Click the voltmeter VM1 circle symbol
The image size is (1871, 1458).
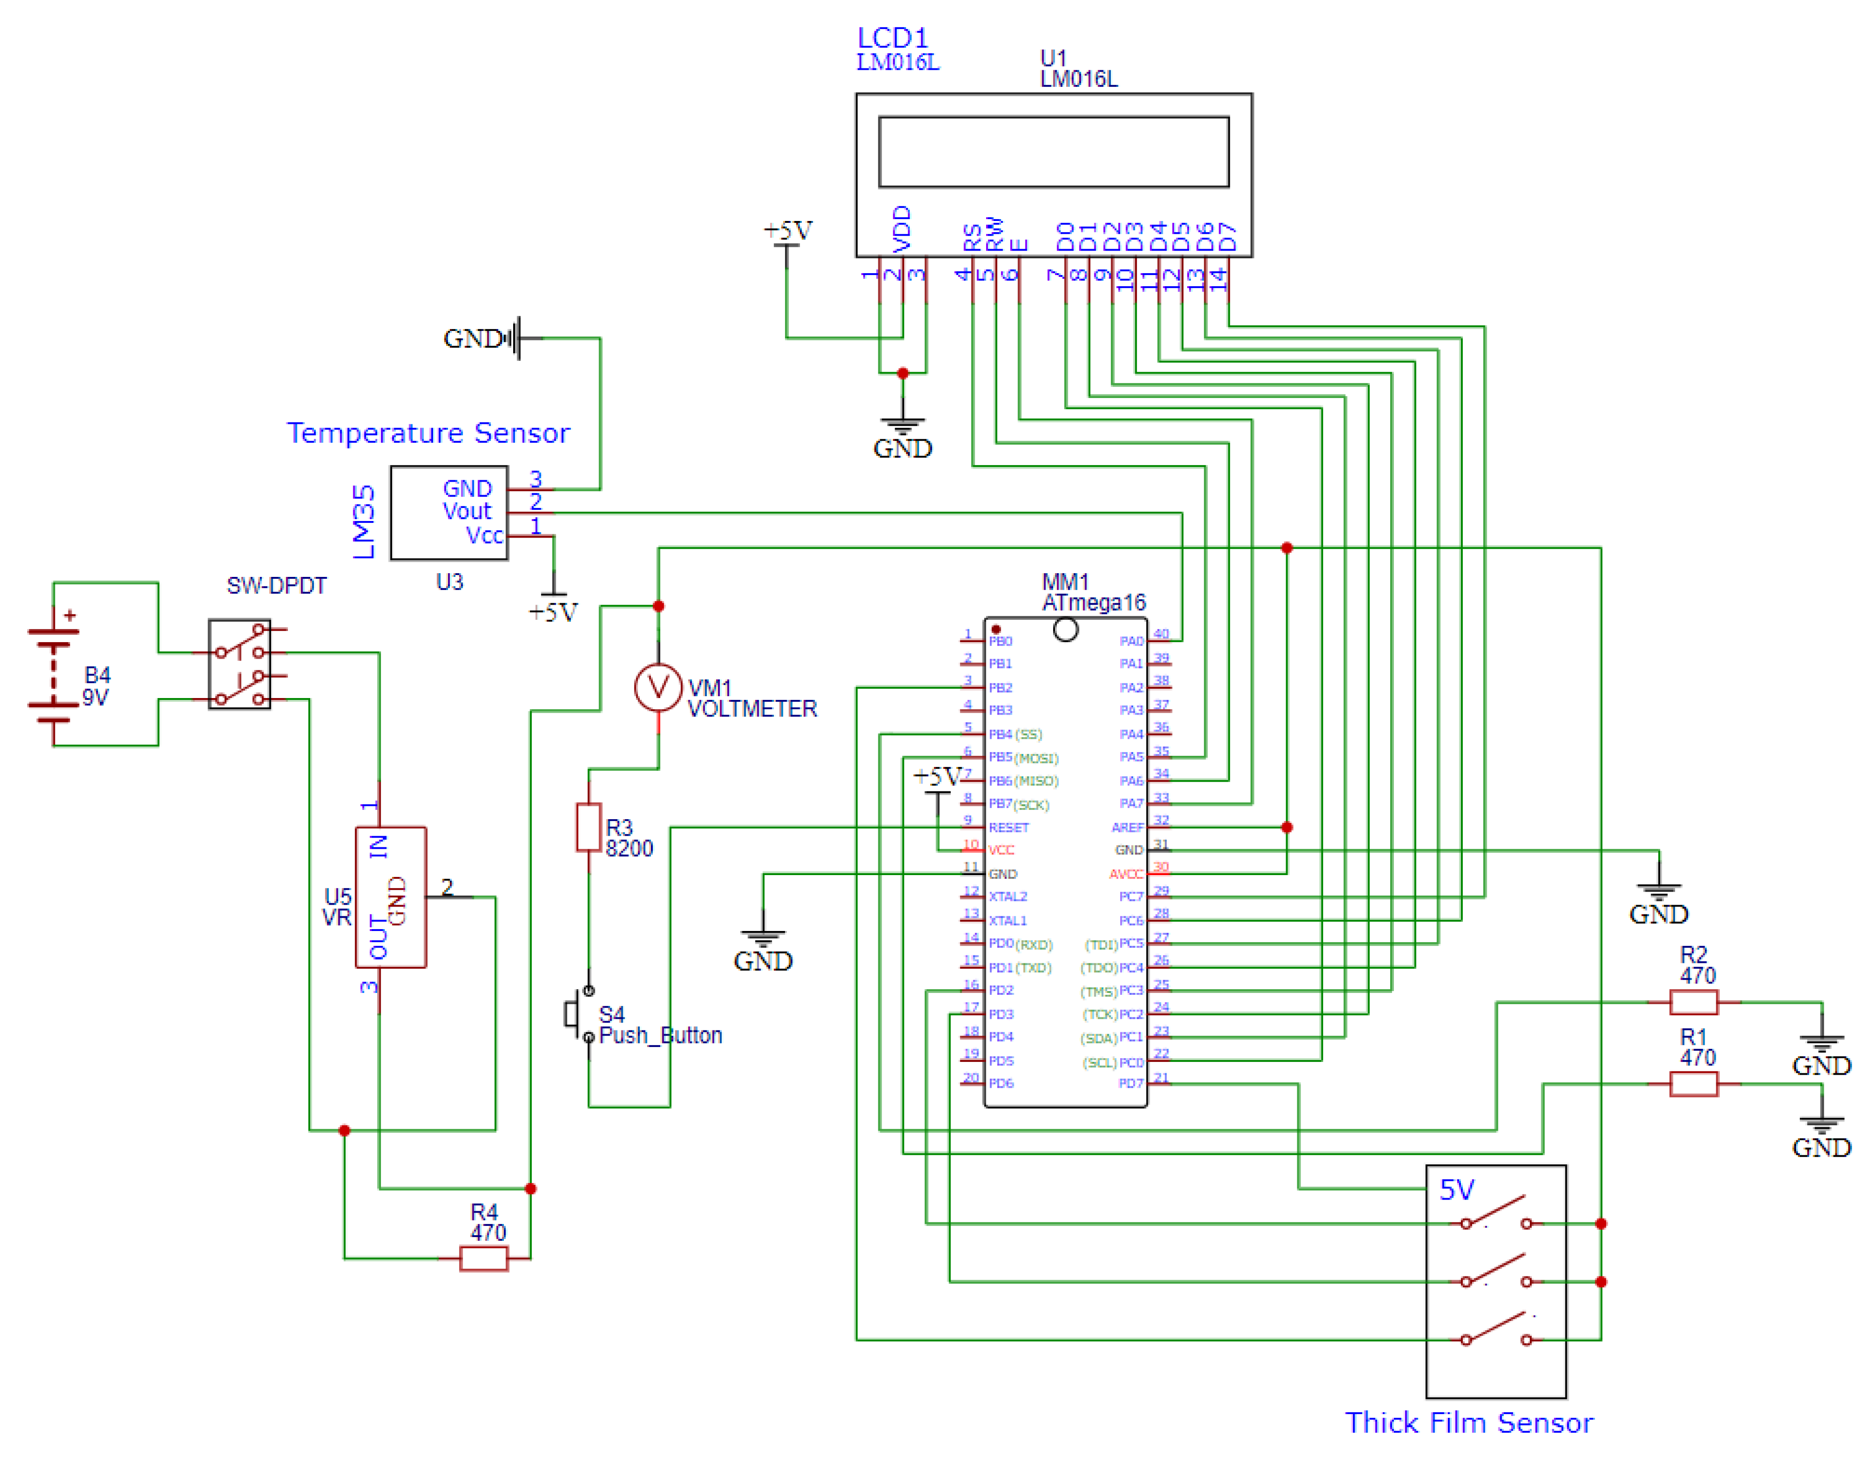point(658,687)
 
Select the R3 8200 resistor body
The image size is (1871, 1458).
point(589,827)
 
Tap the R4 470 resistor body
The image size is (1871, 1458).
point(484,1258)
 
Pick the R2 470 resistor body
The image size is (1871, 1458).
point(1693,1001)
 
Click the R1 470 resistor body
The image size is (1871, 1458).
point(1693,1084)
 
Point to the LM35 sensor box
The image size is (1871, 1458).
point(449,512)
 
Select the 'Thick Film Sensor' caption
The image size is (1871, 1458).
point(1468,1422)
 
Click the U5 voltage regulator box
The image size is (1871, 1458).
point(391,897)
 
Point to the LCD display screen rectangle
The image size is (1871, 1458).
point(1054,152)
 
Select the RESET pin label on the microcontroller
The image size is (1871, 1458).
point(1008,827)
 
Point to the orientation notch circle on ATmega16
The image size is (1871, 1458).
point(1065,630)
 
